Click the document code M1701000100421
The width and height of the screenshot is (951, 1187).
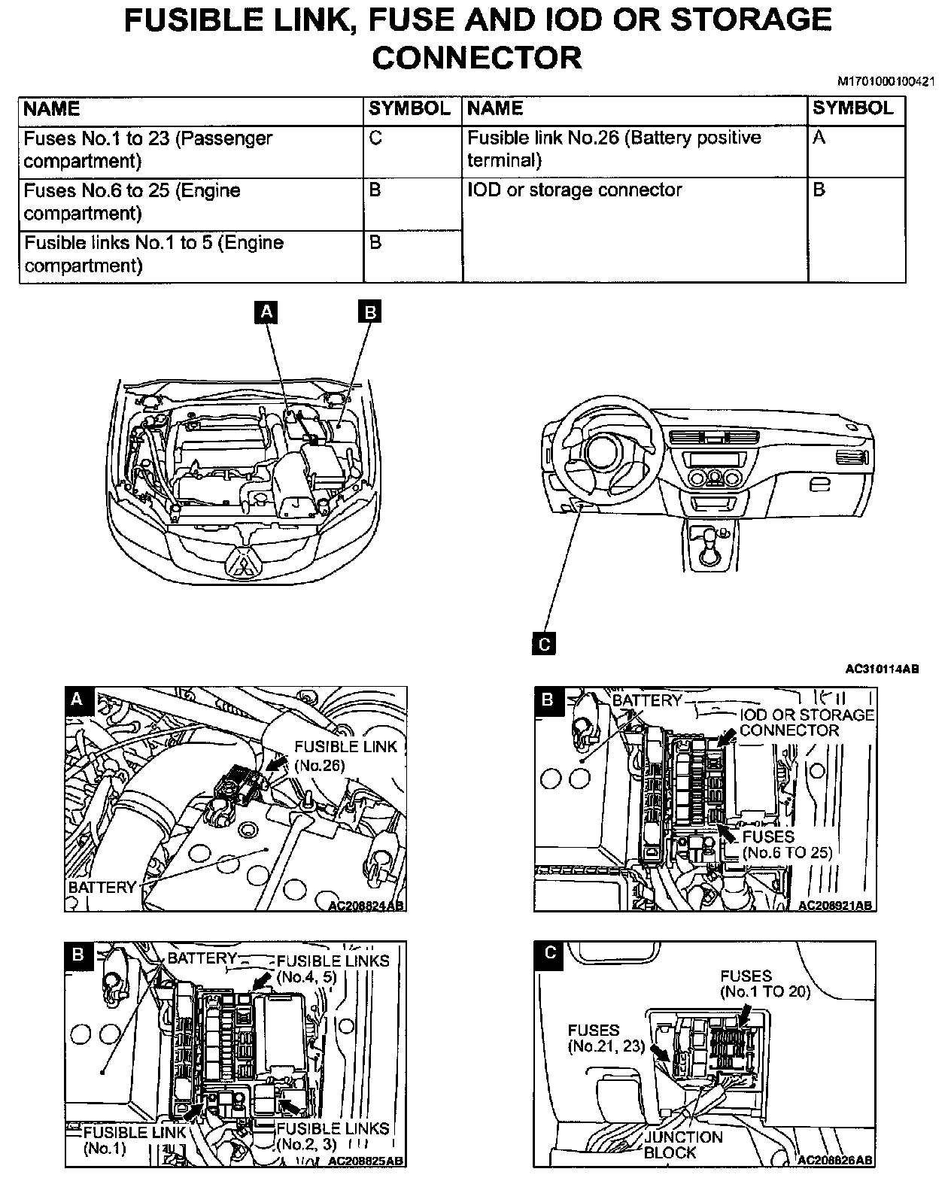(x=891, y=81)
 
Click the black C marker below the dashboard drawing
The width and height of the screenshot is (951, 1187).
(x=544, y=644)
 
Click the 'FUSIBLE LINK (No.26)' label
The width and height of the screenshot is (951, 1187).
(x=345, y=755)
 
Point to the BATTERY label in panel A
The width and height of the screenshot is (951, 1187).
(x=102, y=887)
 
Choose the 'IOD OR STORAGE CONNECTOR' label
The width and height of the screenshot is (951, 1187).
(x=807, y=722)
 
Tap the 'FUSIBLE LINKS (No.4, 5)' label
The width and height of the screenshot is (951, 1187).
(x=333, y=969)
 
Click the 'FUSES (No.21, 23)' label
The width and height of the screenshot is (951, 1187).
(x=604, y=1038)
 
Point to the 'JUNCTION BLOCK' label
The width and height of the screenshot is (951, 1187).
(x=682, y=1145)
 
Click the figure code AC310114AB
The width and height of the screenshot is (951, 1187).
(x=882, y=668)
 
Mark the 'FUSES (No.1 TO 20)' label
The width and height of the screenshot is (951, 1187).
(x=764, y=984)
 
